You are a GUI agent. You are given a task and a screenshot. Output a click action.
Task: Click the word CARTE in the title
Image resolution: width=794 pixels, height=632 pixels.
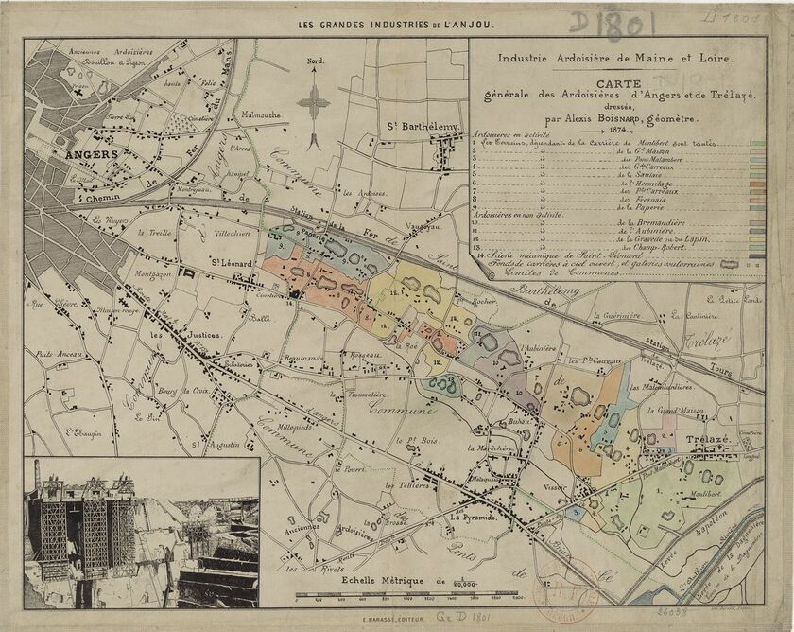point(614,83)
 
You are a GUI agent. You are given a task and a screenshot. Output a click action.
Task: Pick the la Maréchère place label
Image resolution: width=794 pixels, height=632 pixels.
point(493,448)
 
